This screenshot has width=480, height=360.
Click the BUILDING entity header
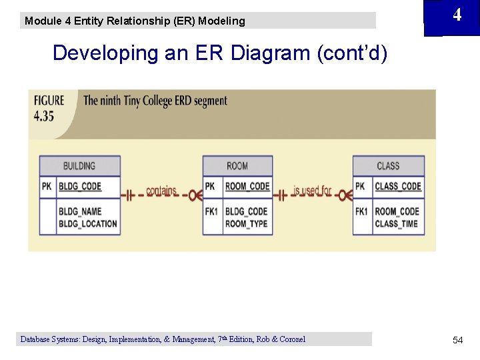pos(79,166)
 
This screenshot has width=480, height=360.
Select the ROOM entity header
pos(237,166)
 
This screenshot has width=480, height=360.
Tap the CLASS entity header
pos(388,166)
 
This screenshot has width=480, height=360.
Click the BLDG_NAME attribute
pos(80,212)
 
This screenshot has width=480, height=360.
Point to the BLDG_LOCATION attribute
pos(88,224)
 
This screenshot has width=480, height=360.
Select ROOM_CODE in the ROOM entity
pos(247,187)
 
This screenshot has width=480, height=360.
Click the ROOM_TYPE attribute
pos(246,224)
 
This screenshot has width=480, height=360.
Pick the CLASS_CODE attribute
pos(398,187)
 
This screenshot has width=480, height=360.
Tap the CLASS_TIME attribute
pos(396,224)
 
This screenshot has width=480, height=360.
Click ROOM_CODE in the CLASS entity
pos(397,212)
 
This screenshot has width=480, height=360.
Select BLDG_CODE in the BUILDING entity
pos(80,187)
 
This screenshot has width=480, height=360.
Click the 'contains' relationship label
pos(161,191)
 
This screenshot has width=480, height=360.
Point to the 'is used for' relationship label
pos(312,191)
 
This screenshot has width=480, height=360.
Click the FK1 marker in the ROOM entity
pos(211,212)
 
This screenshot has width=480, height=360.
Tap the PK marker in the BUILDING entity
pos(47,187)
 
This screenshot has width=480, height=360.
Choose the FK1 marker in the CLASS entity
pos(361,212)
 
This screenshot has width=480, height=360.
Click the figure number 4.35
pos(44,116)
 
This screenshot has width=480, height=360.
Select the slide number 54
pos(457,341)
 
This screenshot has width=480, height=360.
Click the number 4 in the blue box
pos(457,15)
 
